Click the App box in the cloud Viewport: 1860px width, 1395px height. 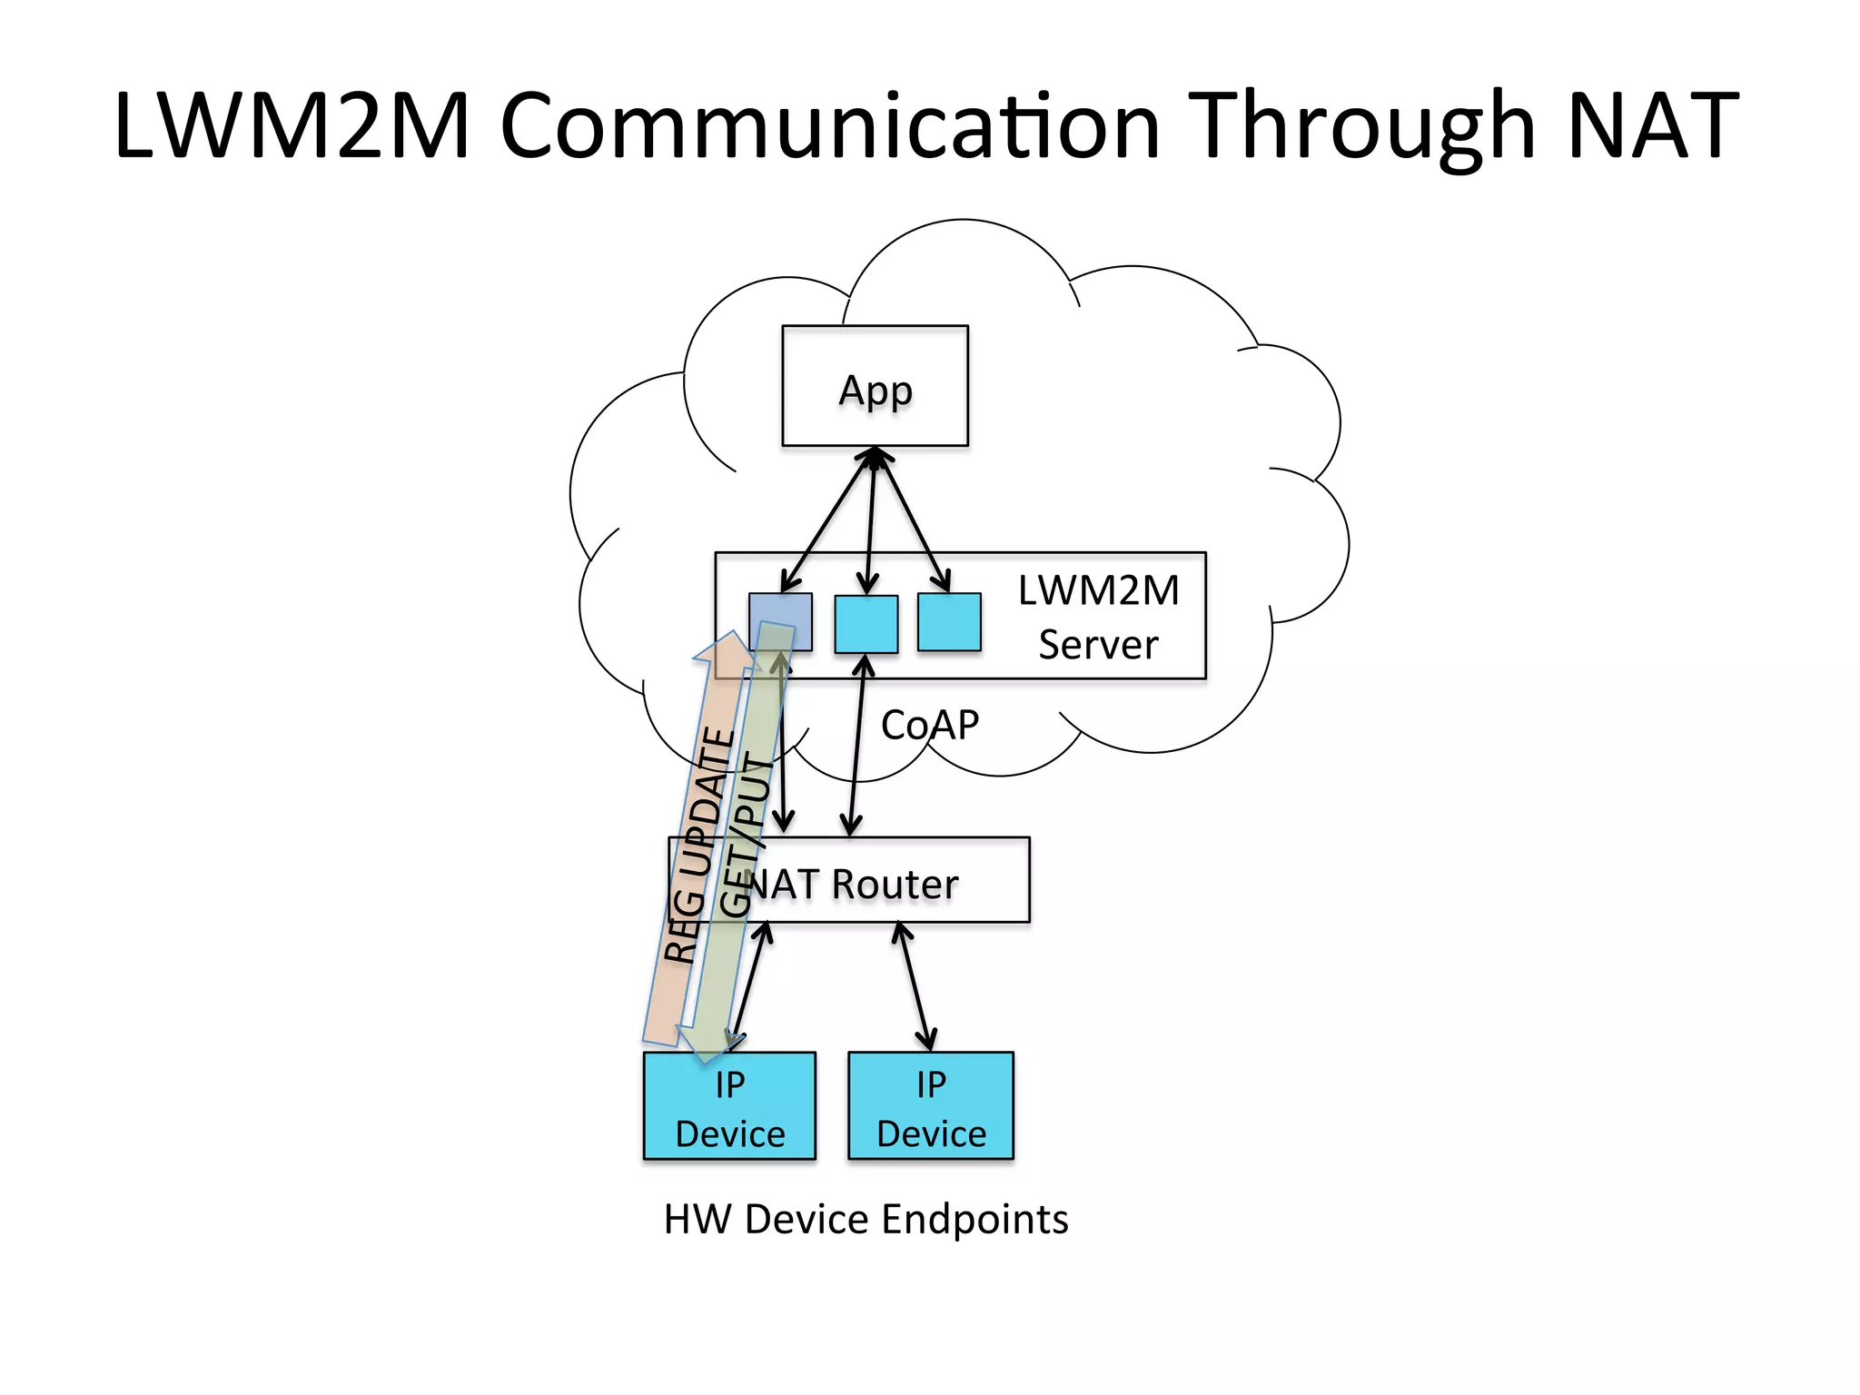coord(875,386)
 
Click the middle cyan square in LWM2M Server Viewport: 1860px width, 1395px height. coord(866,624)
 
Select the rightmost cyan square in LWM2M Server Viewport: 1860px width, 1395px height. coord(949,622)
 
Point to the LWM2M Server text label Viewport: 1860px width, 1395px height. coord(1098,617)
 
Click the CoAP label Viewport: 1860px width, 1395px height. coord(929,725)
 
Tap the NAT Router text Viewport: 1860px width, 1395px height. coord(854,884)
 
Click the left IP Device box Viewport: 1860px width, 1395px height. coord(729,1106)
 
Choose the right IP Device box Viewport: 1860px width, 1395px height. coord(930,1106)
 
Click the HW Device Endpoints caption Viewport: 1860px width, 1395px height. coord(866,1219)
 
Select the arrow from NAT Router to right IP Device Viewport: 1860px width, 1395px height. coord(914,985)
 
